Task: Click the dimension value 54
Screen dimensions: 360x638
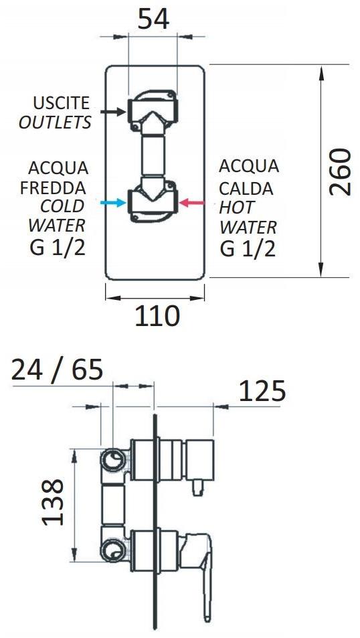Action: pos(153,19)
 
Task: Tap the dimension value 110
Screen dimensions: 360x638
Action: pos(157,316)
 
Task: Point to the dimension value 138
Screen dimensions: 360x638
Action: pos(54,502)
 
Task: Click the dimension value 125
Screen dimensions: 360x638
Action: pos(262,392)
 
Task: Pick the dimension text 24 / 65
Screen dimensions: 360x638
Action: pos(57,370)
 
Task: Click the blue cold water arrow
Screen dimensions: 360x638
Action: pos(112,202)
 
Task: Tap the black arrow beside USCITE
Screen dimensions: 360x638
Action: pos(112,111)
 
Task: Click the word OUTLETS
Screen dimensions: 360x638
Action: pos(55,122)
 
